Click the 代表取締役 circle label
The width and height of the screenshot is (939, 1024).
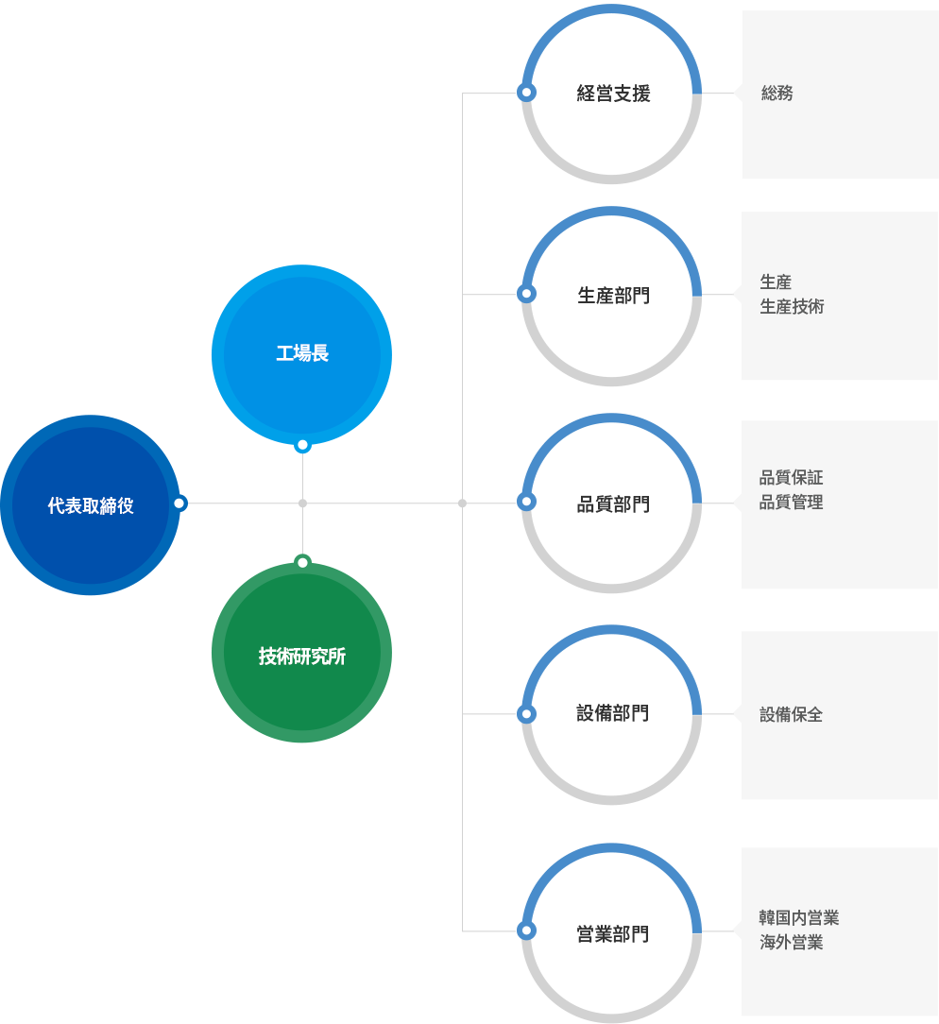[x=90, y=505]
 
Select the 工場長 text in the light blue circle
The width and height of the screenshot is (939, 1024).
[x=301, y=353]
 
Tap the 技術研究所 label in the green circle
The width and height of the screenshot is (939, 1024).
[x=301, y=656]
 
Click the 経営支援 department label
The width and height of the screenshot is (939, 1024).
[x=613, y=94]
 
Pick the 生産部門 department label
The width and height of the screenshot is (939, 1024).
[x=613, y=295]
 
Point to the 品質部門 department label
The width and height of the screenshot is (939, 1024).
[x=613, y=504]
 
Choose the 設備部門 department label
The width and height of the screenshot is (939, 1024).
[x=613, y=713]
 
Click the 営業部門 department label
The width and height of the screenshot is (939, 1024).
[x=613, y=934]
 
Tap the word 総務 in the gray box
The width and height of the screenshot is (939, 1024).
[x=777, y=94]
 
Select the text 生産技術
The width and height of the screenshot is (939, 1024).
[x=792, y=306]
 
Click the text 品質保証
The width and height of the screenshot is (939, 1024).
[x=791, y=477]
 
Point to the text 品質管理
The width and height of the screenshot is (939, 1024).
[x=791, y=503]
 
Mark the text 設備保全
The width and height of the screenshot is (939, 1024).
[x=791, y=714]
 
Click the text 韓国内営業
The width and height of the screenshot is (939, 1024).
[x=798, y=917]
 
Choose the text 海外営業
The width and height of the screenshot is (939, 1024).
[x=791, y=943]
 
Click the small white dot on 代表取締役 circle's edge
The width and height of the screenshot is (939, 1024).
[x=179, y=503]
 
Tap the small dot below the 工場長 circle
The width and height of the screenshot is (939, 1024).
[x=302, y=446]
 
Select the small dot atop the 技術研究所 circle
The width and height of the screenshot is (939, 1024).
[x=302, y=562]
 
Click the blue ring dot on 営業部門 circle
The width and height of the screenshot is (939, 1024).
[x=526, y=930]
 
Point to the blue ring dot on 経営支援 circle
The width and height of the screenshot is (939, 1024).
[x=526, y=93]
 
